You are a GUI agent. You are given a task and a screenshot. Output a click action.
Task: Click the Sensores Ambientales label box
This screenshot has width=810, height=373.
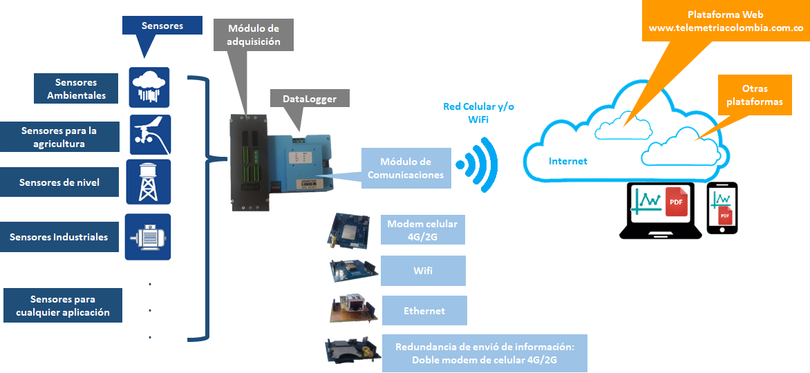click(77, 89)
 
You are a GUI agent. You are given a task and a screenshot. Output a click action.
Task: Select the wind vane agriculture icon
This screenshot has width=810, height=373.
click(150, 135)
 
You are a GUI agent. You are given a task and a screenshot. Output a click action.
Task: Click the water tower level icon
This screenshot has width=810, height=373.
click(149, 182)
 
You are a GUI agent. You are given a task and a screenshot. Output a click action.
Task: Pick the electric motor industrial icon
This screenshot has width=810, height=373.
click(148, 237)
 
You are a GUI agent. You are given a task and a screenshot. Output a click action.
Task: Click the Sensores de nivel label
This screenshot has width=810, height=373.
click(59, 183)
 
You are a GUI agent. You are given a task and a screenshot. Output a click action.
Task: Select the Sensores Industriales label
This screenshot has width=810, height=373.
click(59, 237)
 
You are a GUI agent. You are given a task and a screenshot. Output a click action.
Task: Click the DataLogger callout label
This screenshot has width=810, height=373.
click(310, 99)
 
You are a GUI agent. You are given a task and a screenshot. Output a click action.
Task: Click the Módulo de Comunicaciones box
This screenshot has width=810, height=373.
click(406, 169)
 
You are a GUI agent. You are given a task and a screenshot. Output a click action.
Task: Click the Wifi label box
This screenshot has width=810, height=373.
click(423, 271)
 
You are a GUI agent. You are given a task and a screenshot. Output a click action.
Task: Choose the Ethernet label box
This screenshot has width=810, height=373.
click(424, 311)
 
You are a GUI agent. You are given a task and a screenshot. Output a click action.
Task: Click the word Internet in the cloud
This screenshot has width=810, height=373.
click(567, 161)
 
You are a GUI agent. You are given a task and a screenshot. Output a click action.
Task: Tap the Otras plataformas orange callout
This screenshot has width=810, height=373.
click(754, 95)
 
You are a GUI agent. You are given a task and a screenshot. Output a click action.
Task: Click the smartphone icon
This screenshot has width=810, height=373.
click(722, 208)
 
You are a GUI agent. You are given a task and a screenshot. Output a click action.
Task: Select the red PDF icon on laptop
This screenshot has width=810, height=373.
click(677, 202)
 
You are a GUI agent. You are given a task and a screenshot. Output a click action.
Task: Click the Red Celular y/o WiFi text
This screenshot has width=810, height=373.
click(478, 113)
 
